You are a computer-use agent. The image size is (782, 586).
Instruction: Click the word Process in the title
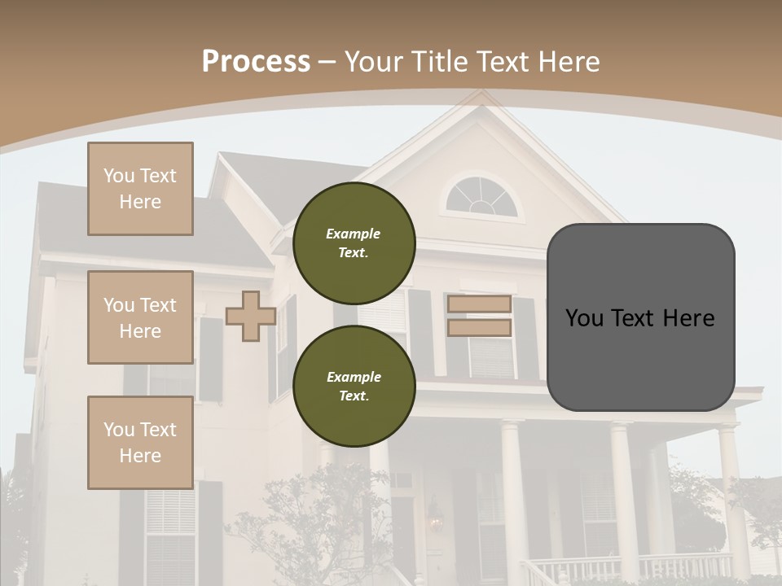(x=256, y=61)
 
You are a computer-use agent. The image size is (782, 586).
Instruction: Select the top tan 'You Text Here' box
(x=140, y=189)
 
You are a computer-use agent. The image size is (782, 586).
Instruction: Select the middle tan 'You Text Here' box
(x=140, y=317)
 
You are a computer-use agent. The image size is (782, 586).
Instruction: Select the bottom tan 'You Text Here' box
(x=140, y=443)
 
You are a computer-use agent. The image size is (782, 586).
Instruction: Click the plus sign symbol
(x=251, y=316)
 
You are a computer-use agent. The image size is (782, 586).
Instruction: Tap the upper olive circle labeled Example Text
(x=354, y=243)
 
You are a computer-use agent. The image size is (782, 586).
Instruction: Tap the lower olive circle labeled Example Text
(x=354, y=387)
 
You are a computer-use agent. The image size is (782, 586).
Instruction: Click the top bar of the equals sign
(x=479, y=304)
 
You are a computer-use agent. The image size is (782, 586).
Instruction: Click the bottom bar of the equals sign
(x=479, y=328)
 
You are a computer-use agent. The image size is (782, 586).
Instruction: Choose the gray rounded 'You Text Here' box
(x=640, y=317)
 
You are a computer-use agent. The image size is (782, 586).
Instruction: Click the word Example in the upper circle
(x=354, y=234)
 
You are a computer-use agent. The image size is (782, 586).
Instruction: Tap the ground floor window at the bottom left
(x=170, y=533)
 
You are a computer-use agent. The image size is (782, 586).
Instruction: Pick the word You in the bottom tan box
(x=118, y=430)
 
